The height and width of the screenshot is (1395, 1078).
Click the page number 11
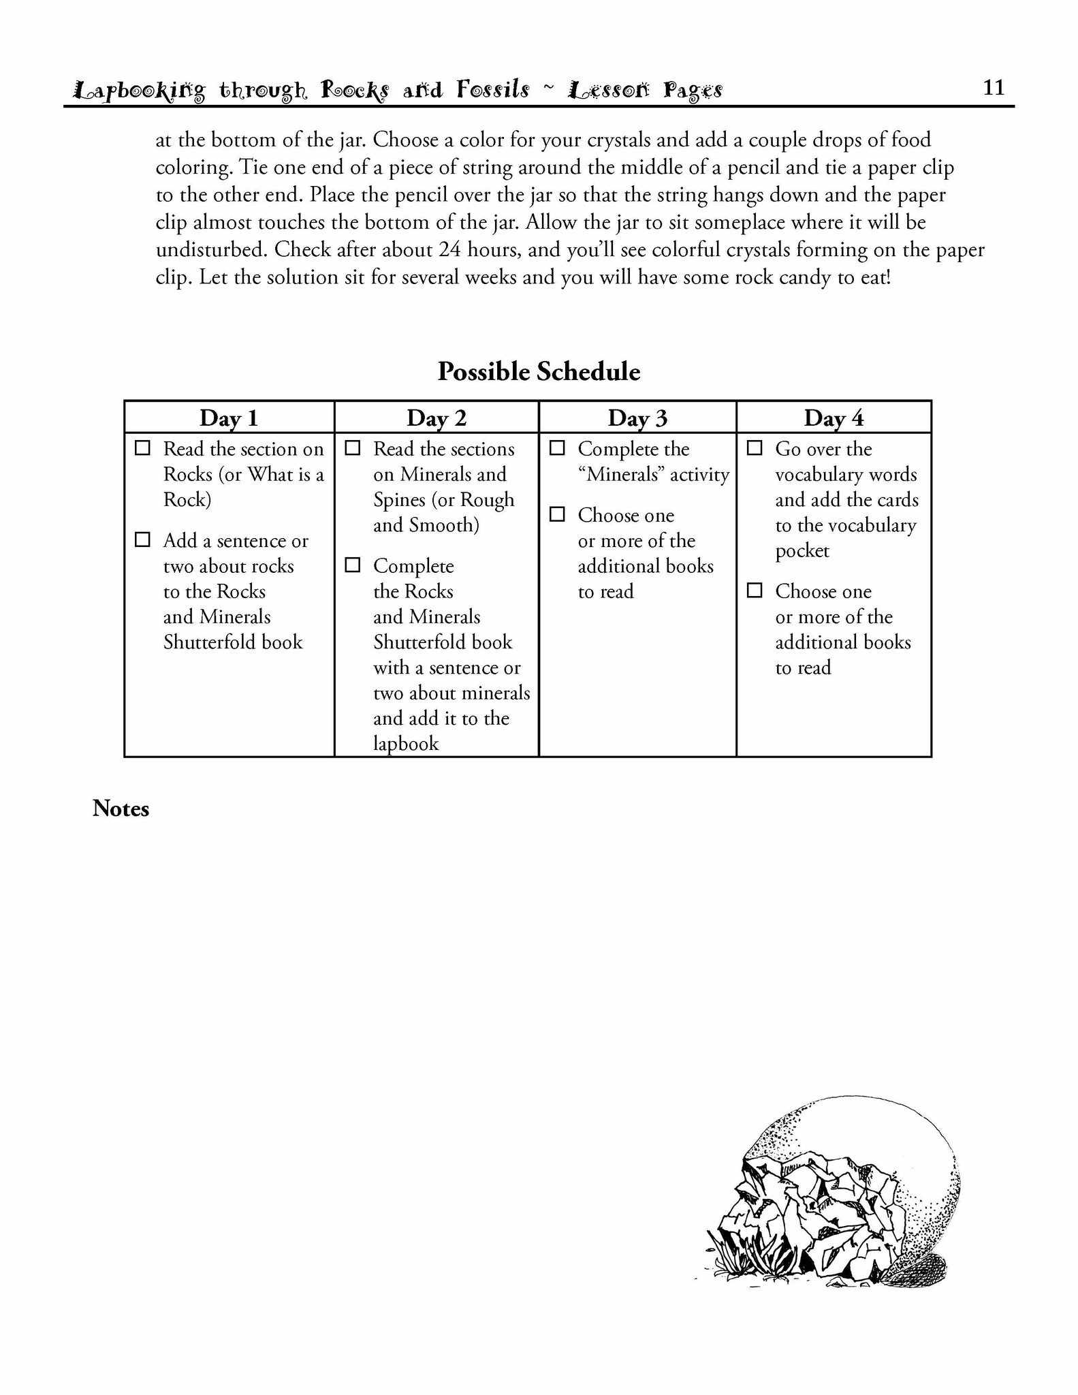994,87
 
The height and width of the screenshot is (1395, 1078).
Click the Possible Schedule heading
539,372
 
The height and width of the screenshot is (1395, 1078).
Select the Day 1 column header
229,418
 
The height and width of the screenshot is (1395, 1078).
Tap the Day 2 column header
437,418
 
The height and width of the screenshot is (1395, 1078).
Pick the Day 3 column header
637,418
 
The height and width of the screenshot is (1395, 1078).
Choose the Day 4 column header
834,418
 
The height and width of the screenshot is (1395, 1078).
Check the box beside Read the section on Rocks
142,448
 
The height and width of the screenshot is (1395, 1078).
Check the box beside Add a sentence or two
142,539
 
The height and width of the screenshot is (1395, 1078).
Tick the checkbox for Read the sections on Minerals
353,448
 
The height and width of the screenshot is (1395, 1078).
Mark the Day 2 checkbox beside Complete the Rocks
353,565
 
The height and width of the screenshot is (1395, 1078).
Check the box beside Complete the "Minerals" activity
557,448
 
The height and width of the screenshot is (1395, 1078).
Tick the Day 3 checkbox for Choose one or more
557,514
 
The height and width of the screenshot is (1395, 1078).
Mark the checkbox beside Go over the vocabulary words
755,448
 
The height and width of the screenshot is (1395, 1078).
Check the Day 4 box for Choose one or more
755,591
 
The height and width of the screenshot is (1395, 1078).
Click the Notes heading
121,809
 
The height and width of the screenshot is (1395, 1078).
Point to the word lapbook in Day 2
406,744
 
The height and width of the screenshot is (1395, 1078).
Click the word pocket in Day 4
802,550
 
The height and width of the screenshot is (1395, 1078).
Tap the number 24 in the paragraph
450,250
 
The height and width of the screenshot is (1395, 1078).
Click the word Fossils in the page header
493,89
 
